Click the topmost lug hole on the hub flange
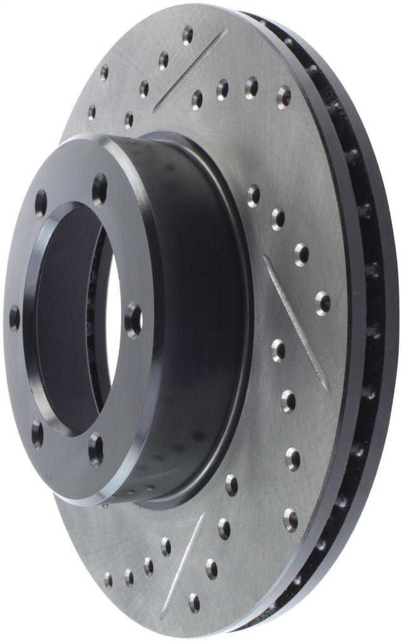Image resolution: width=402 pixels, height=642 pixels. coord(99,189)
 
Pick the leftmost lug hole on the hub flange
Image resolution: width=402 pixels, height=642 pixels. coord(14,318)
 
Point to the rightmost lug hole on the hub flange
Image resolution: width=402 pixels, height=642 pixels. coord(133,319)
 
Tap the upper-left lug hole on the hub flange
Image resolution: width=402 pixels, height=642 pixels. coord(41,203)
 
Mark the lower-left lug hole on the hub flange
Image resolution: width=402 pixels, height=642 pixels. coord(37,433)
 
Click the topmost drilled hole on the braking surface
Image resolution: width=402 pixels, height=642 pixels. coord(188,34)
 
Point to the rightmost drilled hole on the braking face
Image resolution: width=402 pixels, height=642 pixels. coord(323,302)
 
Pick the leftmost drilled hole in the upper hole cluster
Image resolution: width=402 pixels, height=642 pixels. coord(92,112)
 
